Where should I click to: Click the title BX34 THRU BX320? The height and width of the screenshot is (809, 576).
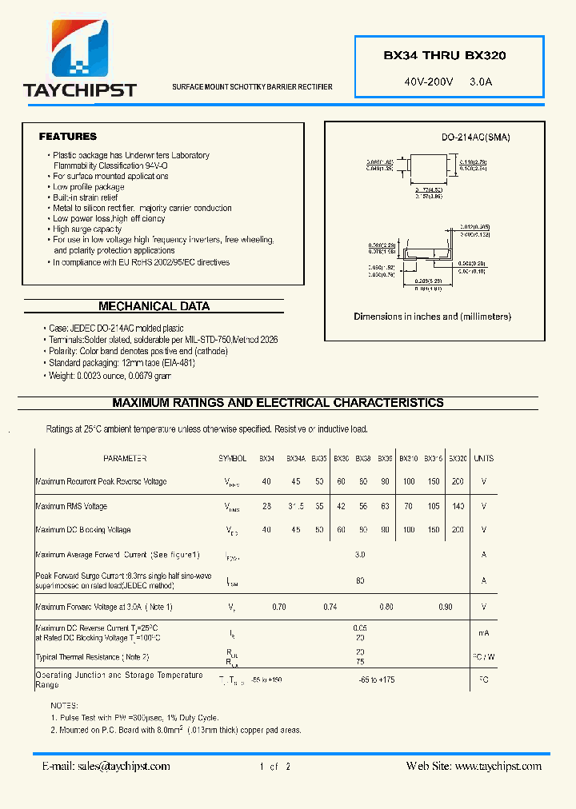pos(444,56)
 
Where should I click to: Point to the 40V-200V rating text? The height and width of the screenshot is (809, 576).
pos(429,82)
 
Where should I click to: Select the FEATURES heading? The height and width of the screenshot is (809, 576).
pos(68,137)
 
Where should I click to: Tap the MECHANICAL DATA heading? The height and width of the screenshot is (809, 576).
pos(154,306)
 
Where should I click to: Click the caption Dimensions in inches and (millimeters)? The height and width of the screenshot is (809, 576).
pos(432,317)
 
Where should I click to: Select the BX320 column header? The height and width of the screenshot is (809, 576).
pos(458,459)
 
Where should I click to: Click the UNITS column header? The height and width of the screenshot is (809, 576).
pos(483,459)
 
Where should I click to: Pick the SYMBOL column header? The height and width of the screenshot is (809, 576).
pos(233,459)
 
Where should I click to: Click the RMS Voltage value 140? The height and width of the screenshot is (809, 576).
pos(458,506)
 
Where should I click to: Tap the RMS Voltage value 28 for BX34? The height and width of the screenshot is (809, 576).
pos(266,506)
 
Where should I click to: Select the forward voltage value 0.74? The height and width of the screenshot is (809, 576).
pos(330,608)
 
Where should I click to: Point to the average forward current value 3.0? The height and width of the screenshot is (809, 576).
pos(360,554)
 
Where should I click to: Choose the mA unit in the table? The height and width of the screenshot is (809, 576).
pos(483,632)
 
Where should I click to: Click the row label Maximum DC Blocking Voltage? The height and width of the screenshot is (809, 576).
pos(83,530)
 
